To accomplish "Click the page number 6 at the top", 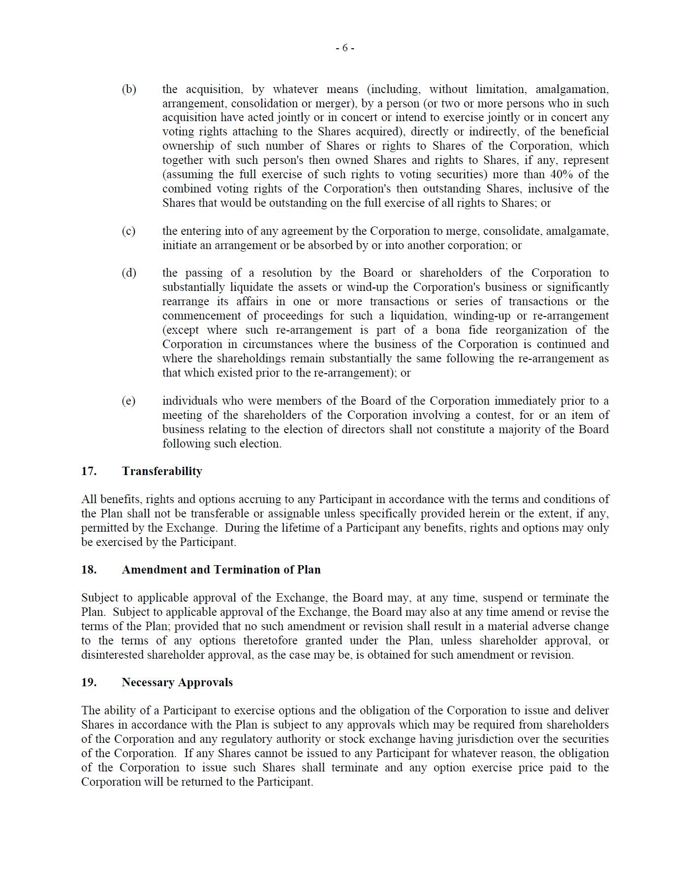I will (x=345, y=48).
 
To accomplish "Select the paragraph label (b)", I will (x=129, y=89).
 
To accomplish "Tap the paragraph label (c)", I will (x=128, y=231).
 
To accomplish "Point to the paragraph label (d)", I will (x=129, y=273).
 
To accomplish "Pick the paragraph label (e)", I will (x=128, y=401).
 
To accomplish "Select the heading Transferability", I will (x=162, y=471).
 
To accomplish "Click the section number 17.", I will (x=89, y=471).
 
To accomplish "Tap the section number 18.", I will (x=89, y=570).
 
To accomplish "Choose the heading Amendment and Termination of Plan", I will (x=221, y=570).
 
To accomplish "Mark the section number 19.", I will (x=89, y=682).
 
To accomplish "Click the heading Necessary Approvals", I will (x=177, y=682).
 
